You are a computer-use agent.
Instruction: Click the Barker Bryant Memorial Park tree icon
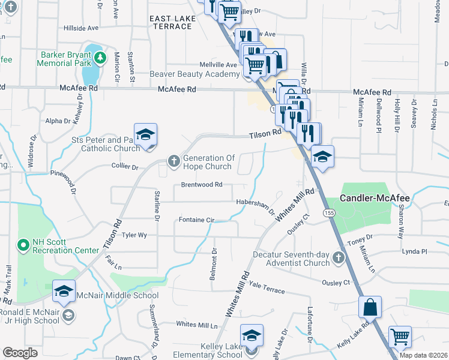(x=101, y=57)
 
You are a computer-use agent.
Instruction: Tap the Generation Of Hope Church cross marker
(x=173, y=161)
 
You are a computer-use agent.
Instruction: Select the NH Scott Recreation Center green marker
(x=23, y=245)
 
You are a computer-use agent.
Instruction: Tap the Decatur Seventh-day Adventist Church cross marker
(x=338, y=258)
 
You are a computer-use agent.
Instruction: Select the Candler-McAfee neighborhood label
(x=374, y=197)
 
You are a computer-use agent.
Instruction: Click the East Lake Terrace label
(x=173, y=23)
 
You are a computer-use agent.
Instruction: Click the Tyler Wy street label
(x=134, y=235)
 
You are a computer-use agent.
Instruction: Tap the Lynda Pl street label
(x=415, y=251)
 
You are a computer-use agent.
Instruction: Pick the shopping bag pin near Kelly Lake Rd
(x=370, y=307)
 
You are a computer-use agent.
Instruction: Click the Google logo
(x=20, y=353)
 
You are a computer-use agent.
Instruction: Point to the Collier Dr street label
(x=124, y=166)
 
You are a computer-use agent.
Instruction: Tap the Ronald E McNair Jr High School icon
(x=68, y=315)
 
